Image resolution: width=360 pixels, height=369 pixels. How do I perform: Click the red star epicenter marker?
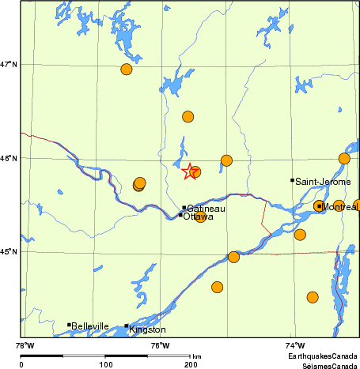pos(190,171)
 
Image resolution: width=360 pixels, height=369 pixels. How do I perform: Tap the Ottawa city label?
pos(198,217)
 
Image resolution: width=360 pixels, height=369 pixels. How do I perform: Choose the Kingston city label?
pos(148,329)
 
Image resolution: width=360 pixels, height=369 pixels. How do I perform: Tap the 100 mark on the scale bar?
pos(105,364)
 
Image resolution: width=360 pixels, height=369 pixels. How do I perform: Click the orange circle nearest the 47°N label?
pos(127,70)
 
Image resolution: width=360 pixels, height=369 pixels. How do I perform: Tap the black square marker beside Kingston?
pos(127,326)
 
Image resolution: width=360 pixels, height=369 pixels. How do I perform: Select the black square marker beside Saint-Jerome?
pos(292,180)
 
